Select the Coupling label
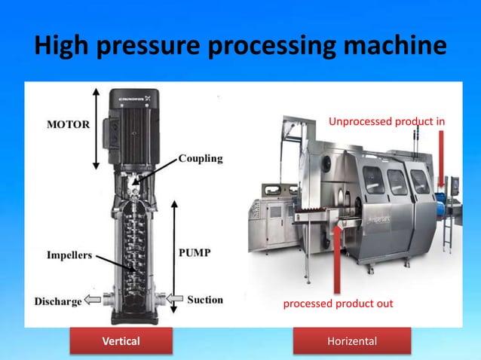pos(201,159)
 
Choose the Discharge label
pos(58,301)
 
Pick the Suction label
pos(205,300)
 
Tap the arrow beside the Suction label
pos(174,300)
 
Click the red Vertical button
pos(121,341)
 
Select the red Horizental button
pos(353,341)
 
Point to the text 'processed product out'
pos(338,304)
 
